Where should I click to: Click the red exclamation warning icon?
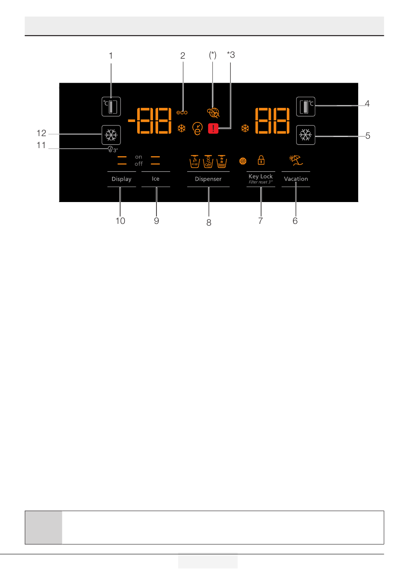pyautogui.click(x=213, y=128)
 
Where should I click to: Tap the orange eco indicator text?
pyautogui.click(x=182, y=112)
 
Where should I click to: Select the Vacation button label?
pyautogui.click(x=296, y=179)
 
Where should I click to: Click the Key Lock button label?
pyautogui.click(x=260, y=176)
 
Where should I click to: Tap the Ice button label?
pyautogui.click(x=156, y=179)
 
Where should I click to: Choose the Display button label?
pyautogui.click(x=121, y=179)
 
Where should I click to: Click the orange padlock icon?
pyautogui.click(x=261, y=160)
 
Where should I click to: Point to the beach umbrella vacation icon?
pyautogui.click(x=296, y=160)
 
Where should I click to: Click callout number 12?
pyautogui.click(x=41, y=133)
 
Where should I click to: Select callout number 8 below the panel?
pyautogui.click(x=209, y=223)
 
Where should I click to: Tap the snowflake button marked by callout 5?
pyautogui.click(x=306, y=135)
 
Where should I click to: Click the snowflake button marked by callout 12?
pyautogui.click(x=111, y=135)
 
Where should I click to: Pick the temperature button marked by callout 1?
pyautogui.click(x=111, y=107)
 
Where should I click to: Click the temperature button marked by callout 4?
pyautogui.click(x=306, y=107)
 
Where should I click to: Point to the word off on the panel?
pyautogui.click(x=138, y=164)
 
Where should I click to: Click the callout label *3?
pyautogui.click(x=231, y=55)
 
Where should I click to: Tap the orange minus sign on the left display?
pyautogui.click(x=131, y=121)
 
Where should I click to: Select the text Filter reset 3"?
pyautogui.click(x=260, y=182)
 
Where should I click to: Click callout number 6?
pyautogui.click(x=295, y=221)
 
